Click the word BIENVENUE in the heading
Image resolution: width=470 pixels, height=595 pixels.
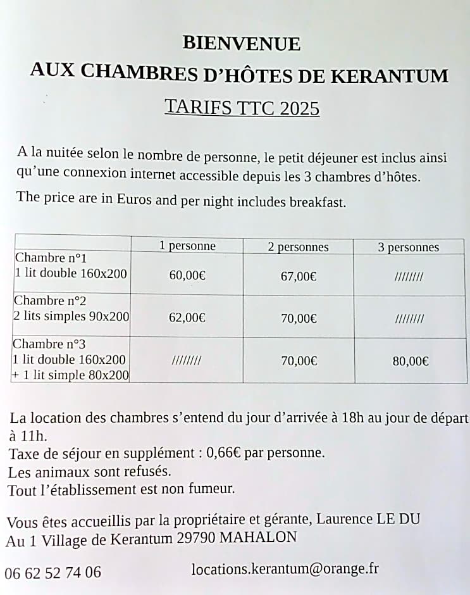click(x=241, y=44)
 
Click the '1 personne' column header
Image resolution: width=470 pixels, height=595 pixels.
click(x=187, y=246)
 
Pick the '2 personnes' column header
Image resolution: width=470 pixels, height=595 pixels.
click(x=298, y=247)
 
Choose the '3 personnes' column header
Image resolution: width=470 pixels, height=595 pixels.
click(x=408, y=247)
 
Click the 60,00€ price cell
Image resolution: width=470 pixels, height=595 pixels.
click(x=187, y=275)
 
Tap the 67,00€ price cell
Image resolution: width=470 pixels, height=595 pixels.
click(x=299, y=277)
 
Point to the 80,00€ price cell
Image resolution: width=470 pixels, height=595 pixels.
click(x=411, y=361)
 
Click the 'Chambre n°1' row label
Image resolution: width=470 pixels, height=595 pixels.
click(x=51, y=258)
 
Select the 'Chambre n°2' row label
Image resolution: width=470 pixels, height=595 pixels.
click(x=50, y=301)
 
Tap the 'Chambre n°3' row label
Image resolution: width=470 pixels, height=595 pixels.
click(x=49, y=344)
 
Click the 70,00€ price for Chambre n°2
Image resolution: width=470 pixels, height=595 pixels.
click(x=299, y=318)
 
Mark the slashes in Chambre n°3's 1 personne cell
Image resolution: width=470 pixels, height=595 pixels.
click(x=187, y=361)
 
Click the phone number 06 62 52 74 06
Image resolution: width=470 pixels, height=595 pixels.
click(x=53, y=573)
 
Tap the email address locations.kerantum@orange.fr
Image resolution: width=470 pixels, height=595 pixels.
click(x=285, y=569)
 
